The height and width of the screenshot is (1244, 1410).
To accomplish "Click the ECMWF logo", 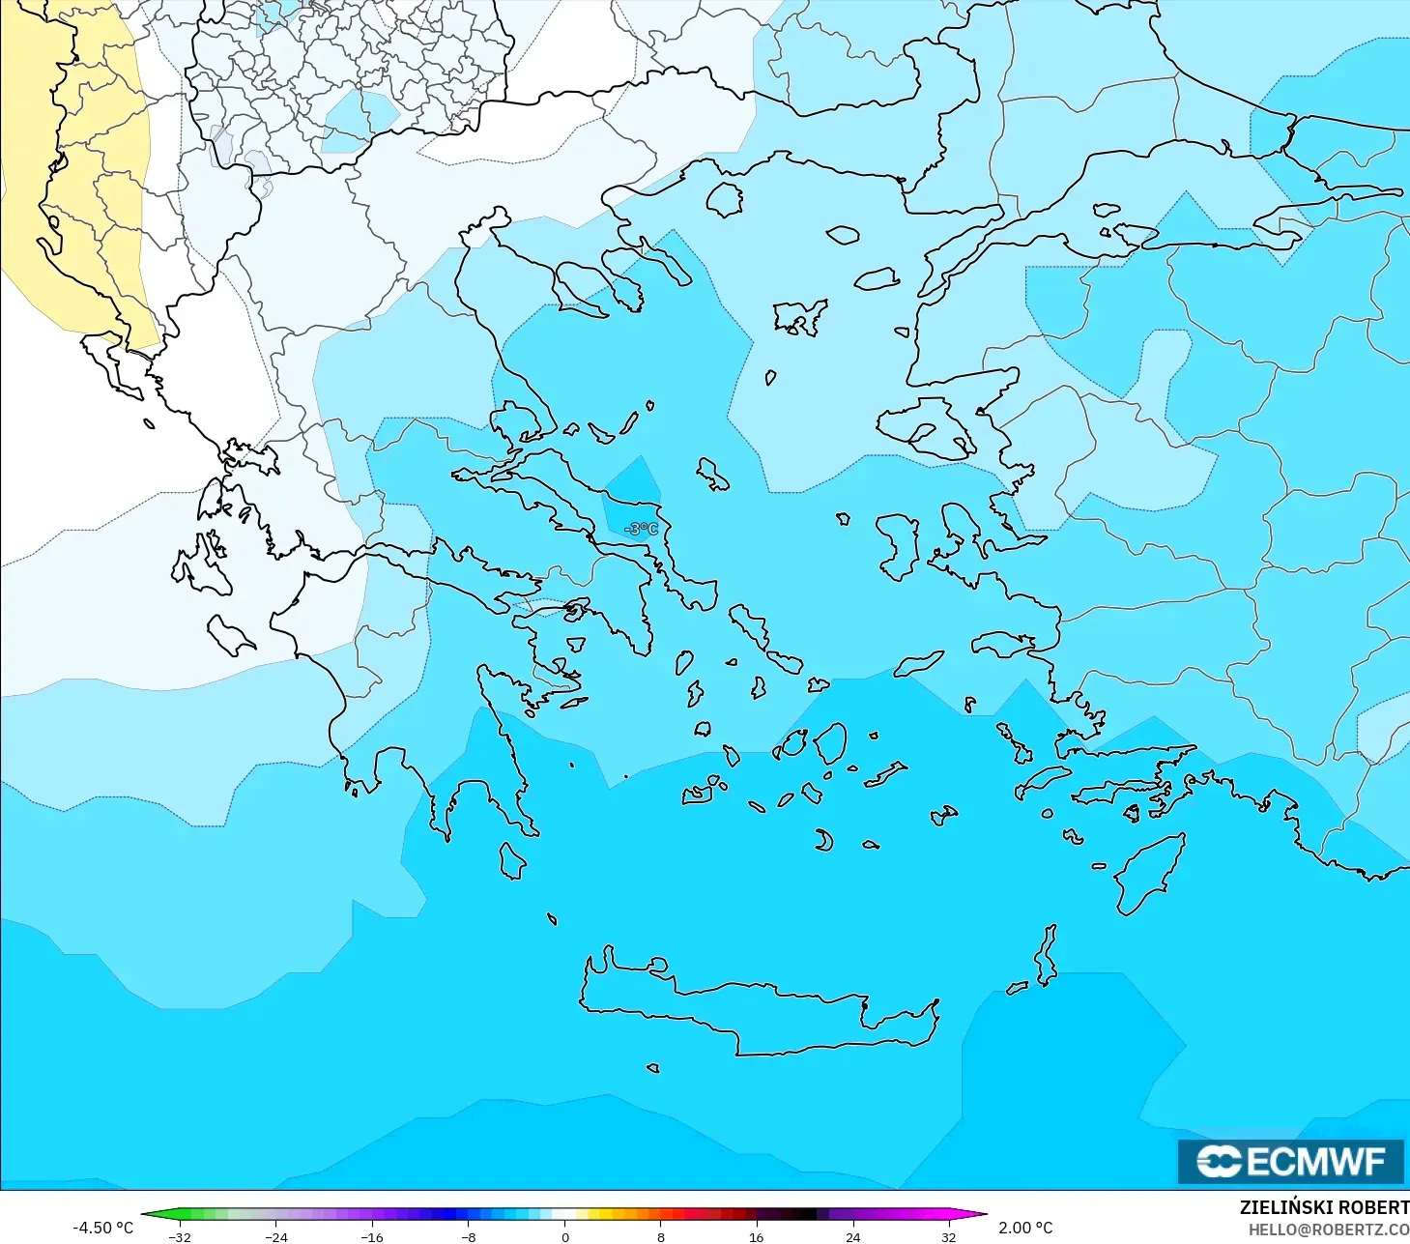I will (x=1290, y=1161).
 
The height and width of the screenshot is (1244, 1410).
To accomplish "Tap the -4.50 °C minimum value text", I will (x=102, y=1228).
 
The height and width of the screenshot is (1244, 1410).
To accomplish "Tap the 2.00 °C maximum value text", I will (x=1025, y=1228).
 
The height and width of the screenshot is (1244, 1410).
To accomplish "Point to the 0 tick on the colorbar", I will (x=565, y=1237).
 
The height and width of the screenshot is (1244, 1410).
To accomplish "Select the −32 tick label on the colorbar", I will (x=180, y=1237).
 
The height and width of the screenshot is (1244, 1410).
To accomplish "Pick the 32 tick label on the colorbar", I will (x=949, y=1237).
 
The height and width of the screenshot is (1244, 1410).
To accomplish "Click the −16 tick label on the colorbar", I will (x=372, y=1237).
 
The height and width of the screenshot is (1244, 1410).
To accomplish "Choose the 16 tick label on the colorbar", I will (x=757, y=1237).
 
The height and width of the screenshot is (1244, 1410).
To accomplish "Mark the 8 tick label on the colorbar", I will (x=661, y=1237).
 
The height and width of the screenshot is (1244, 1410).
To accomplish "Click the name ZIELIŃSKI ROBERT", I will (x=1324, y=1207).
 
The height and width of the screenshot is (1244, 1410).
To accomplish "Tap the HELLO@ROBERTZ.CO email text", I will (x=1329, y=1230).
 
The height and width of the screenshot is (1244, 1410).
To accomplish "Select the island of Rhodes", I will (x=1150, y=875).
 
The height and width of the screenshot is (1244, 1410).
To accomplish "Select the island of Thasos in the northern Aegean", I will (x=724, y=199).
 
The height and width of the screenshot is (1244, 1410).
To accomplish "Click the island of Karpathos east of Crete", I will (x=1046, y=955).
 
